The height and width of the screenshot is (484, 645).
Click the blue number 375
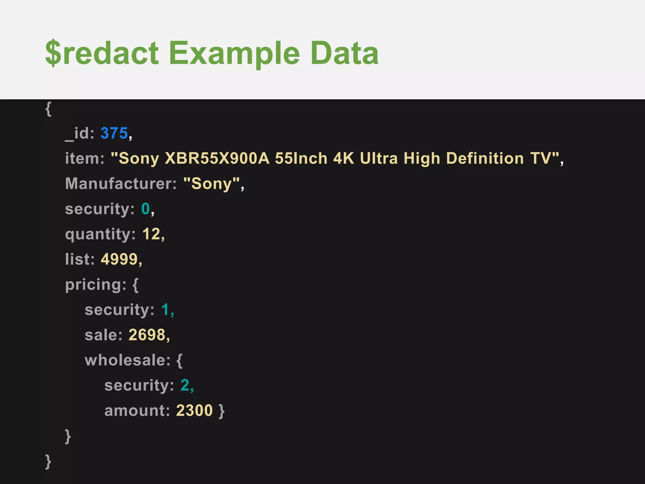[x=114, y=133]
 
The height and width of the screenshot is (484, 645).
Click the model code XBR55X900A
[x=217, y=158]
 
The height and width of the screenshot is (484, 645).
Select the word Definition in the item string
[x=485, y=158]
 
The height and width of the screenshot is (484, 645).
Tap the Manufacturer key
[x=121, y=183]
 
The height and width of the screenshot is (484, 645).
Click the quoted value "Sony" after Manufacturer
[x=212, y=183]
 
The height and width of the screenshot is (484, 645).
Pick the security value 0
[x=146, y=209]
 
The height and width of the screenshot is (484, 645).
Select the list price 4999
[x=119, y=259]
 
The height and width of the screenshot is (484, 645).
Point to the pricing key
[x=95, y=285]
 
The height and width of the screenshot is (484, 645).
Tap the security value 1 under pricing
[x=165, y=310]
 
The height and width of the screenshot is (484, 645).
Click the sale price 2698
[x=147, y=335]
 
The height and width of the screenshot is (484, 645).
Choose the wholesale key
[x=127, y=360]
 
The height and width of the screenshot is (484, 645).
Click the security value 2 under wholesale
[x=185, y=385]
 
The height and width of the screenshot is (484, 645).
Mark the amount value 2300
[x=194, y=411]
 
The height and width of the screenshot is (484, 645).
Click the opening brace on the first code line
[x=48, y=109]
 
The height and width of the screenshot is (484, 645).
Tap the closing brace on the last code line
[x=48, y=462]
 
